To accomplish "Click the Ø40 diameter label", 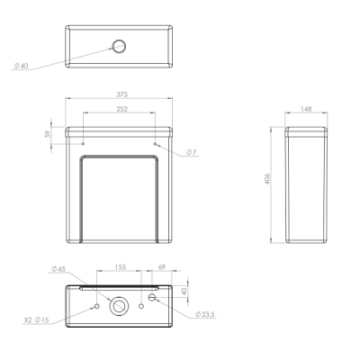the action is [21, 66].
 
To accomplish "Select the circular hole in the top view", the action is [119, 47].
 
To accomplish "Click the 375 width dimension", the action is [122, 94].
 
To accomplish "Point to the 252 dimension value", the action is [122, 109].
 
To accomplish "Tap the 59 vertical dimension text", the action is [48, 134].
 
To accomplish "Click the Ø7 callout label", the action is [192, 152].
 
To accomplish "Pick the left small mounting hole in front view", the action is [83, 144].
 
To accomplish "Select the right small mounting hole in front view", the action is [155, 144].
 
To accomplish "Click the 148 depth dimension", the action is [306, 109].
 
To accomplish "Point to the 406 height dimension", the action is [268, 178].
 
